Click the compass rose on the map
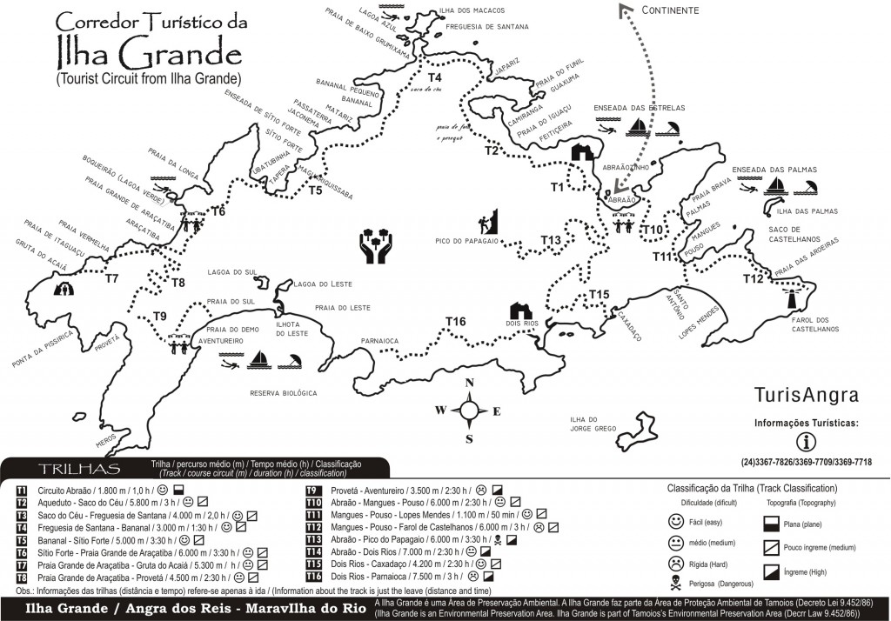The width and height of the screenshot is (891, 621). (x=468, y=411)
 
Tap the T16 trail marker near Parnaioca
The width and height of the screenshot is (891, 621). (x=455, y=323)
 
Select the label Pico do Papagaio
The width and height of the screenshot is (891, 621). (x=466, y=241)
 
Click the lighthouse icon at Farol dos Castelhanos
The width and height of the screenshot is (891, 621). (x=793, y=298)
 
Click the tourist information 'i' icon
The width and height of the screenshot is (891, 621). (x=806, y=441)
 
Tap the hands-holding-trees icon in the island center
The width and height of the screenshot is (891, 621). (x=377, y=246)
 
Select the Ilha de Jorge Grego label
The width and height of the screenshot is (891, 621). (x=593, y=424)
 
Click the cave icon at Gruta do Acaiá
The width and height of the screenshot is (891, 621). (x=64, y=289)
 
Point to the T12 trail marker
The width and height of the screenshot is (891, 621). (x=753, y=278)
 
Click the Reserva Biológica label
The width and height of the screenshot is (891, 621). (x=284, y=393)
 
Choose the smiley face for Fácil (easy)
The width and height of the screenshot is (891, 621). (x=674, y=522)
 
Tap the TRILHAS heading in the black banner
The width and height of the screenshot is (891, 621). (x=73, y=470)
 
